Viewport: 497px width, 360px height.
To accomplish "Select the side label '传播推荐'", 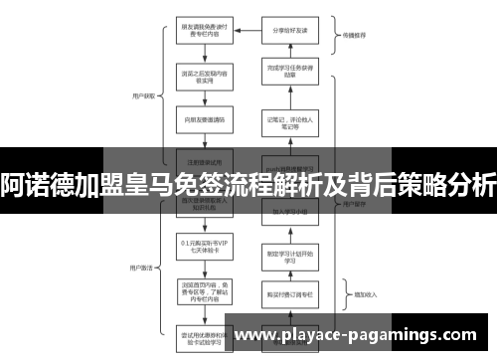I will coord(354,32).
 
